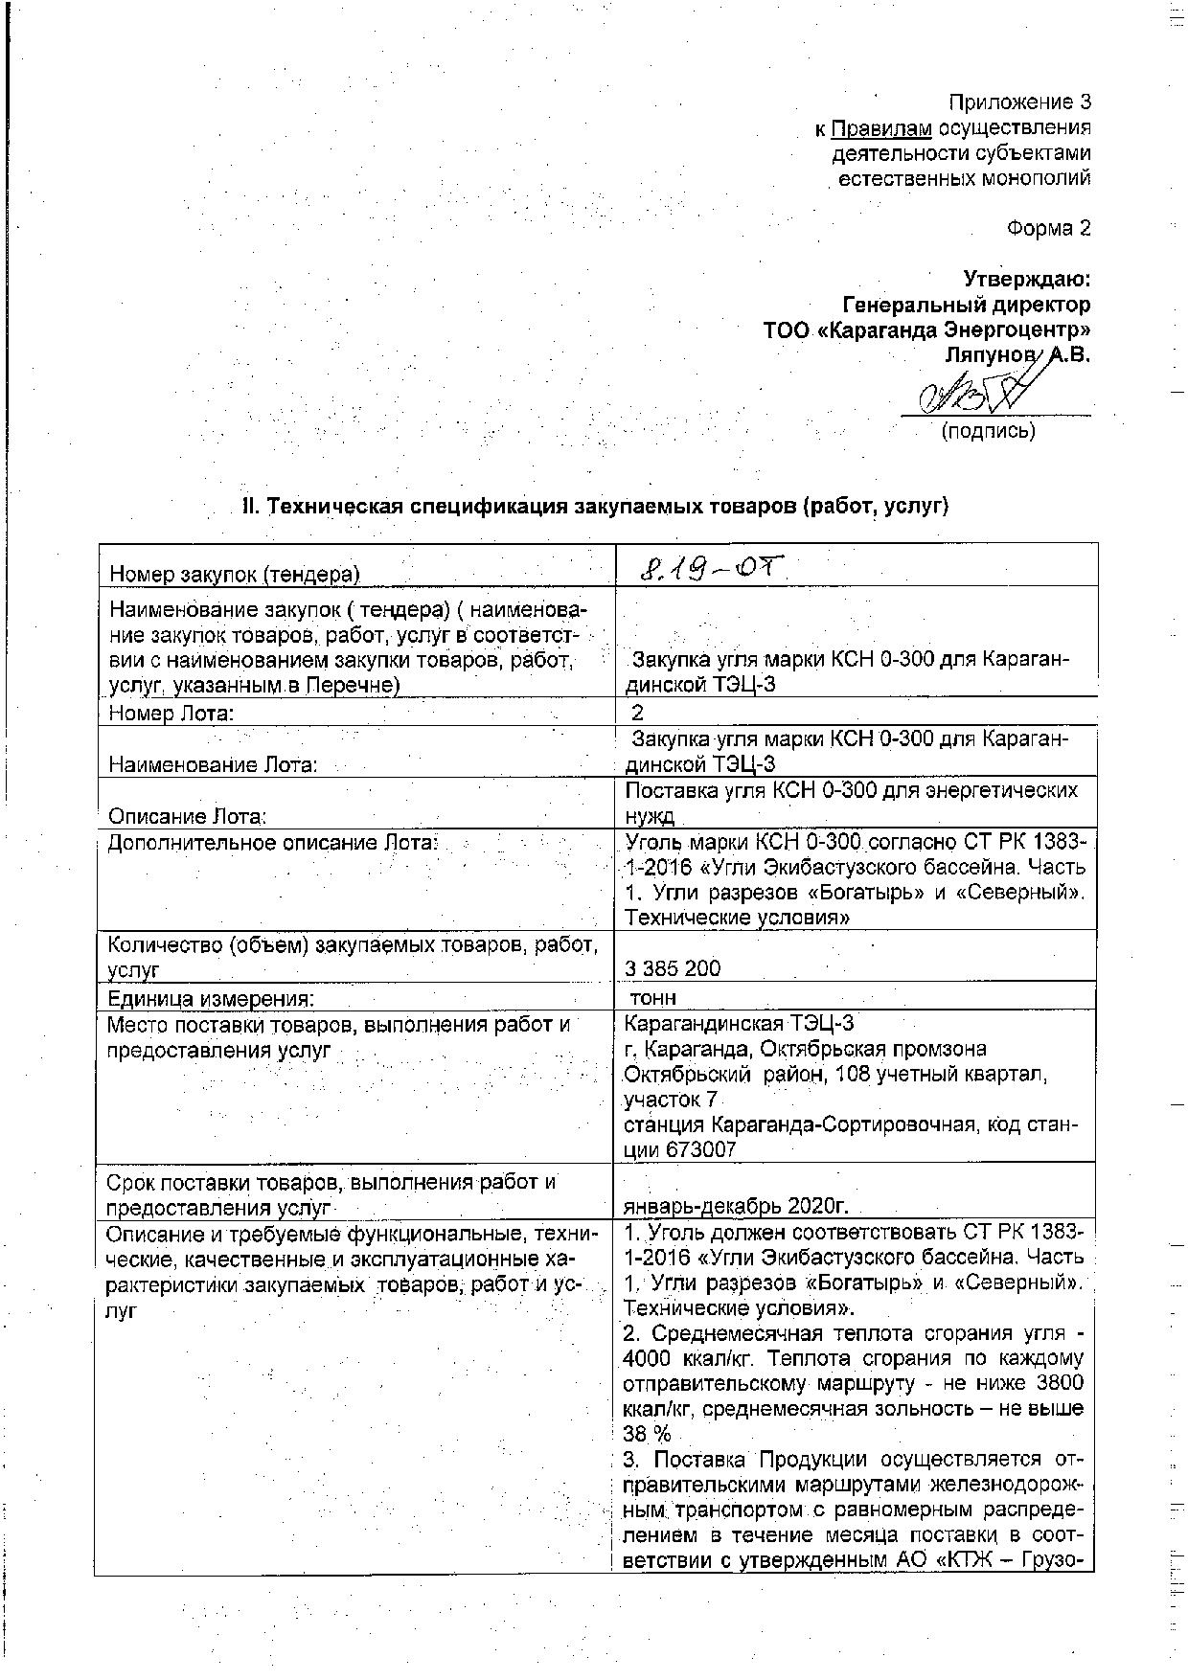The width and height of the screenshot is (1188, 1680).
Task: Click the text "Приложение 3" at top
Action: (1019, 102)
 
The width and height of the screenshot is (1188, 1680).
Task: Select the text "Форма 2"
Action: (1049, 228)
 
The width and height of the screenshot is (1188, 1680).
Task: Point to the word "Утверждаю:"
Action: (1026, 279)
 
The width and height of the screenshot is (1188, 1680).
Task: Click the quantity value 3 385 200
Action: (673, 968)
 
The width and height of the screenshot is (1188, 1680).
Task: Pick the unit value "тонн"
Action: (653, 998)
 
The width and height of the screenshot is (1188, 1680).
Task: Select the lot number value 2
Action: (637, 713)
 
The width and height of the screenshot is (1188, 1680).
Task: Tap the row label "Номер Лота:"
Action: (172, 713)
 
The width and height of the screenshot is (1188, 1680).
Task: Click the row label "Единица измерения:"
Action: (211, 998)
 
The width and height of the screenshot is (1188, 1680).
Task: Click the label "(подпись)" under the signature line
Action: (989, 431)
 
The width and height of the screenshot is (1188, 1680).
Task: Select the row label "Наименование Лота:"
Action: (214, 764)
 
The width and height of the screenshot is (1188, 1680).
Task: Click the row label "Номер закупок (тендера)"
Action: (235, 574)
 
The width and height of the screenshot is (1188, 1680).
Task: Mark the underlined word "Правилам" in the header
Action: (881, 128)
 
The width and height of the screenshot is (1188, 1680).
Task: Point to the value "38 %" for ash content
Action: (648, 1434)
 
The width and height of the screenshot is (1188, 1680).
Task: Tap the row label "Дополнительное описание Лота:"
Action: (273, 843)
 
